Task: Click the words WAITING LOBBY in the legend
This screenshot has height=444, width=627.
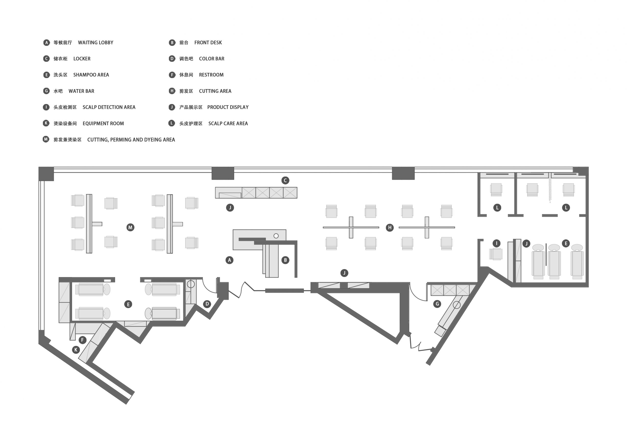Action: coord(96,43)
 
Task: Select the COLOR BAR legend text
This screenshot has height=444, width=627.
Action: coord(212,59)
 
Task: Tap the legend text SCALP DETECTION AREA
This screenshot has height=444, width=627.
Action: coord(109,107)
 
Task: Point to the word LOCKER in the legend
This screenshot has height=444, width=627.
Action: coord(82,59)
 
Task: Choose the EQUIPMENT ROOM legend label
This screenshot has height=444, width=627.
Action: coord(103,124)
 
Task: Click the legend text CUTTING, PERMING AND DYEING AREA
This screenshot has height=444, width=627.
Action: coord(131,140)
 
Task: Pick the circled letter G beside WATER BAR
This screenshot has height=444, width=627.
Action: coord(46,91)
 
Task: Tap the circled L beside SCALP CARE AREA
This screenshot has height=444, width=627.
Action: coord(171,123)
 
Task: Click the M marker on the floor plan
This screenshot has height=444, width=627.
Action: coord(130,227)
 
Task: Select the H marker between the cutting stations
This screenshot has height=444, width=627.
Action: coord(390,227)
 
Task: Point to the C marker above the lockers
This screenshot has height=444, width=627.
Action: coord(285,180)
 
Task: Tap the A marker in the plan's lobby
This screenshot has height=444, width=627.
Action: coord(229,260)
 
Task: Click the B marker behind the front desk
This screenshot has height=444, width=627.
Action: coord(285,260)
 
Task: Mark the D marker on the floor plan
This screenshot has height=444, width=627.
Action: coord(207,304)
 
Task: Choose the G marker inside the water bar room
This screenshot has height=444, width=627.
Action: coord(437,304)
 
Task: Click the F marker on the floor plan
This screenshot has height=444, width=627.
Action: coord(83,340)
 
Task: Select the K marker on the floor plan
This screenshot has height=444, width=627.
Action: coord(76,350)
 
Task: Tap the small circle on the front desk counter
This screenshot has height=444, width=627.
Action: coord(276,236)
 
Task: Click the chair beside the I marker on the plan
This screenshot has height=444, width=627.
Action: coord(496,254)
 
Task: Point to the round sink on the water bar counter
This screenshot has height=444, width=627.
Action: coord(457,305)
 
